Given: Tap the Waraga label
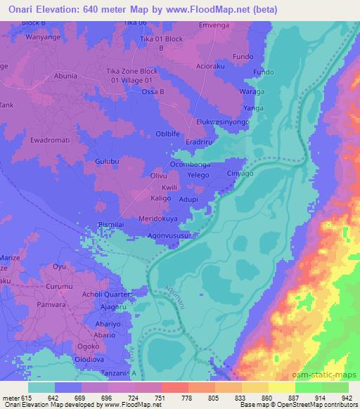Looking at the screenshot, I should tap(254, 92).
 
